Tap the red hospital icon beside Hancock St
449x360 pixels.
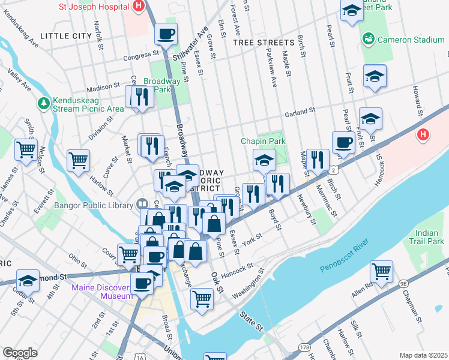coord(423,135)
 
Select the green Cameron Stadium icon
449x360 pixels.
coord(368,40)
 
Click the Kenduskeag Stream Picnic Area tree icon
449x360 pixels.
coord(43,103)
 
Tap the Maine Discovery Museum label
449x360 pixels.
coord(101,292)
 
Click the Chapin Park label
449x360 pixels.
coord(263,141)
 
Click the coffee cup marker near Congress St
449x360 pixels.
coord(166,34)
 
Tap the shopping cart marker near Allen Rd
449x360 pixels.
coord(381,271)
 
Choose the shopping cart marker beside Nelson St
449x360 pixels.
coord(26,149)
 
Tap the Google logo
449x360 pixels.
coord(20,353)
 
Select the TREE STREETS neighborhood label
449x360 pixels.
coord(259,43)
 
